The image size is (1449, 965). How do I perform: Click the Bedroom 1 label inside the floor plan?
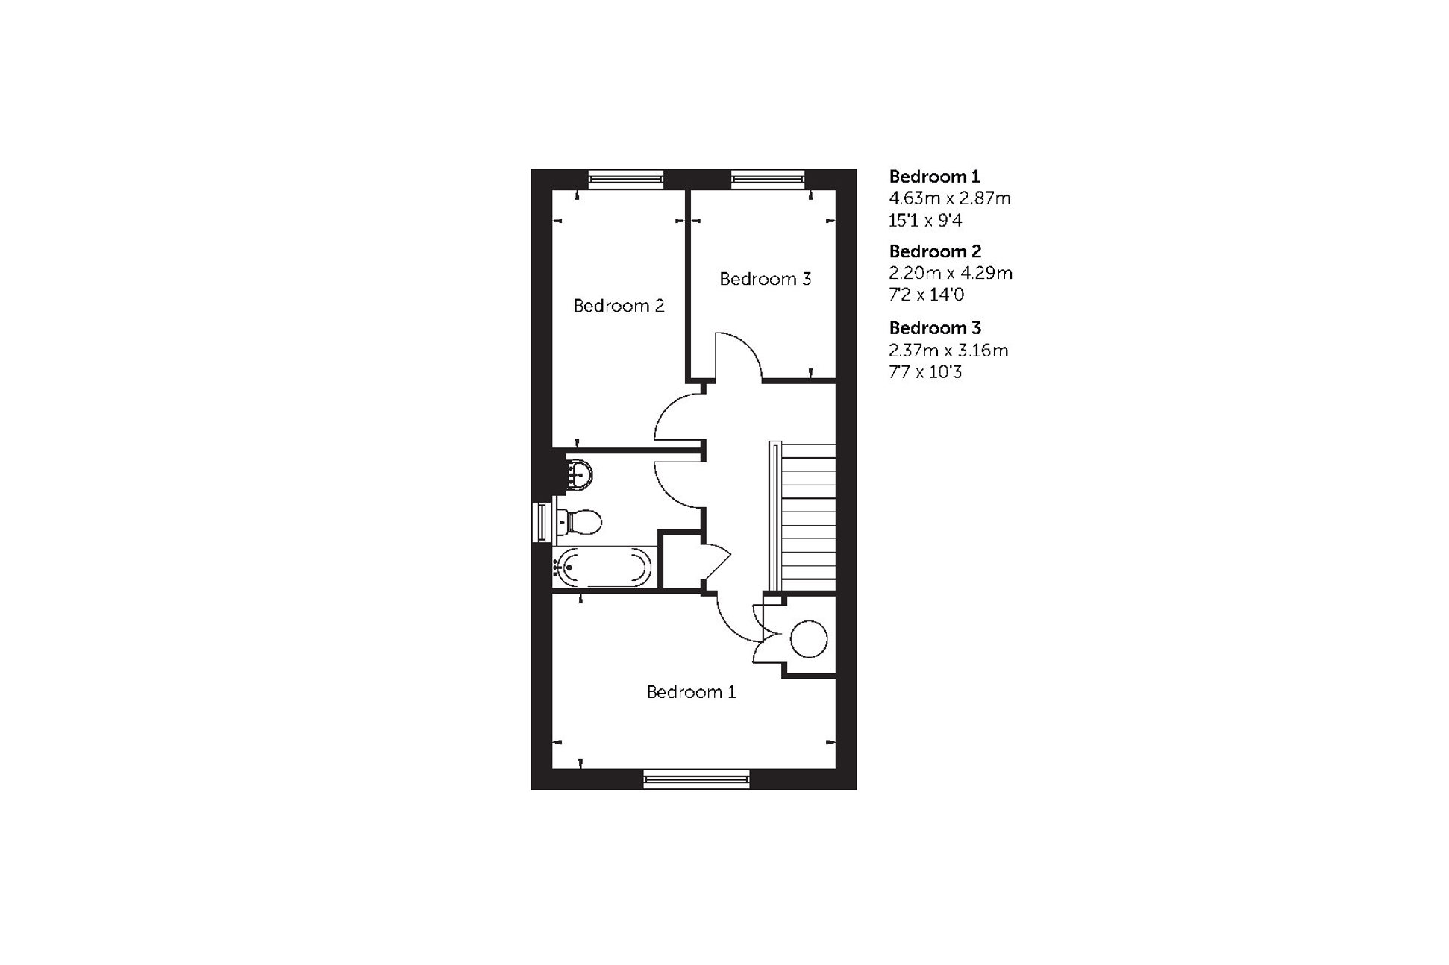coord(690,692)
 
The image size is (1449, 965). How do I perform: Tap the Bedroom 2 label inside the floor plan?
coord(618,306)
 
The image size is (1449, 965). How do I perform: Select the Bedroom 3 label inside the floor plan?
coord(765,279)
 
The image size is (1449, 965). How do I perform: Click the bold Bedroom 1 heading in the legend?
coord(934,177)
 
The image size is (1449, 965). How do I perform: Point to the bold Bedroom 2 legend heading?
coord(935,251)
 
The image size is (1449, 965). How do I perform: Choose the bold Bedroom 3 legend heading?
coord(935,328)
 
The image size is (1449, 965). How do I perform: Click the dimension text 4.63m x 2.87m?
coord(949,198)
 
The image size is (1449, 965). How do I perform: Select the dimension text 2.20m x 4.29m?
coord(950,273)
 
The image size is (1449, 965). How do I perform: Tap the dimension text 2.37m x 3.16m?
coord(948,350)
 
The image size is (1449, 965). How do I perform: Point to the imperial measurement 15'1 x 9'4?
coord(925,221)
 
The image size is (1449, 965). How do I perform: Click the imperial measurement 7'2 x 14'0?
coord(926,295)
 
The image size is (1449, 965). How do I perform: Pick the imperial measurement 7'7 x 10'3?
coord(925,371)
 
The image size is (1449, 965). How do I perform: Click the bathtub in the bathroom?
coord(603,567)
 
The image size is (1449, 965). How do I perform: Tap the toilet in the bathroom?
coord(580,521)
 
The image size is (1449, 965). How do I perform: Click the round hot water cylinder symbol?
coord(809,639)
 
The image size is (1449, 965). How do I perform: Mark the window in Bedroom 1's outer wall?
coord(696,779)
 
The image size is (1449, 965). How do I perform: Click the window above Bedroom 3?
coord(768,178)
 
